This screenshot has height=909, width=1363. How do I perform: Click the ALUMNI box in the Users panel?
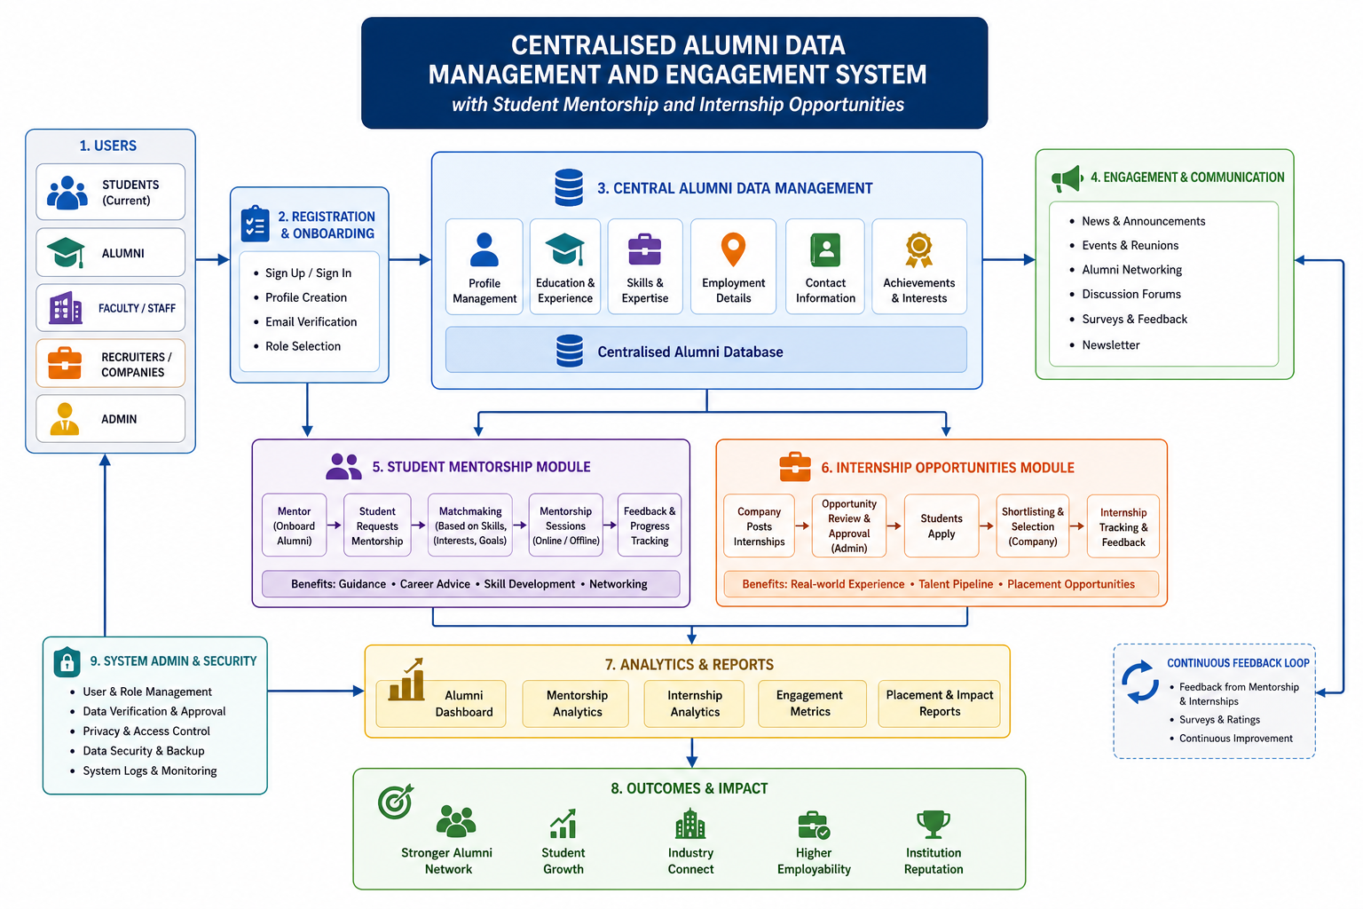[110, 253]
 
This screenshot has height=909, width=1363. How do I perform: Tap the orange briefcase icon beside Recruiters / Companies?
[65, 363]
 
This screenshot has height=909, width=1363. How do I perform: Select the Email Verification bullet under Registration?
[311, 321]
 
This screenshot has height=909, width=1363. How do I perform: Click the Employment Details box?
[733, 266]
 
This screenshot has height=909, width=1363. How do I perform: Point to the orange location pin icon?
[733, 249]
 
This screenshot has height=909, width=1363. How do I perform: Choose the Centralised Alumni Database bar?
[705, 350]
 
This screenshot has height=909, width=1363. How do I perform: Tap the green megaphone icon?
[1067, 178]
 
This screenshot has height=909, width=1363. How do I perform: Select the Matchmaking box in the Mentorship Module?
[469, 526]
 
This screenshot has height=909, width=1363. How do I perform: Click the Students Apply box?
[941, 526]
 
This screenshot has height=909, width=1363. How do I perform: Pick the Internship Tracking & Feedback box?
[1123, 526]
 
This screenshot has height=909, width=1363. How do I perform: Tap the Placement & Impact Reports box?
[939, 703]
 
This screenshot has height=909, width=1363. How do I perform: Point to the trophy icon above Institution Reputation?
[934, 824]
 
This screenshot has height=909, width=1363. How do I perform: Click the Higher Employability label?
[814, 861]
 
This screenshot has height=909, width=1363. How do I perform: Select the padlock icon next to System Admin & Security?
[67, 661]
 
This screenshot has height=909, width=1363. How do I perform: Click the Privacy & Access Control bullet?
[146, 731]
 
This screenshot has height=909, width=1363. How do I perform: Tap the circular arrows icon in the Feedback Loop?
[1139, 682]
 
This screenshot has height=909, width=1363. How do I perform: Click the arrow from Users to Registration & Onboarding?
[212, 260]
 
